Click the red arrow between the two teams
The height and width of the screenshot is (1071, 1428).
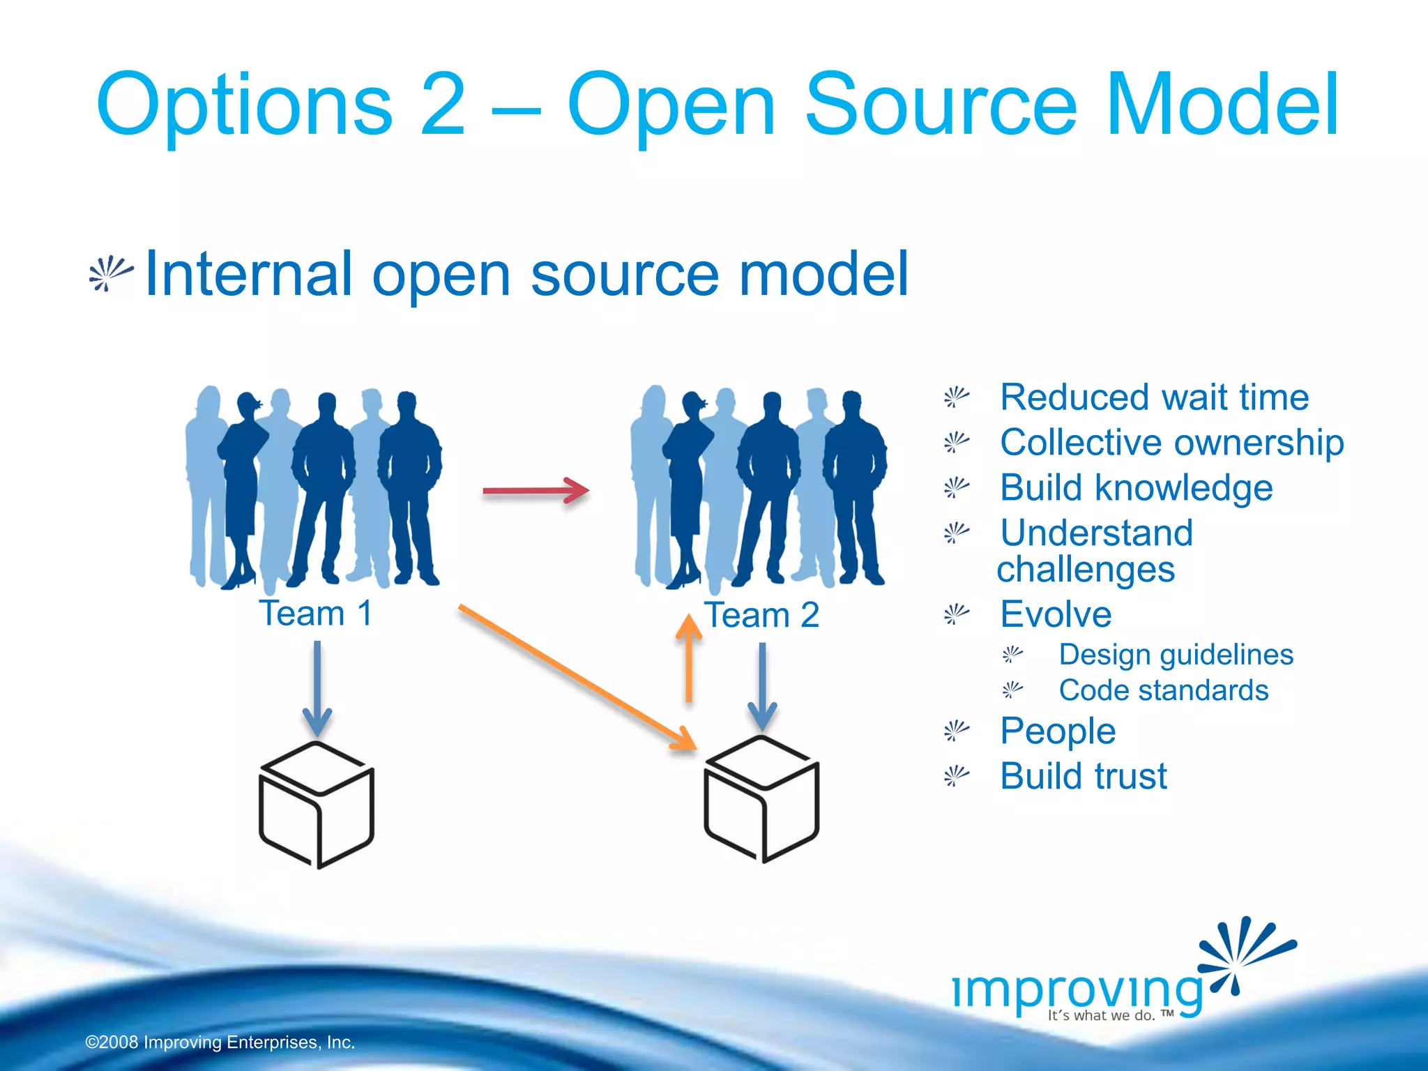pos(535,491)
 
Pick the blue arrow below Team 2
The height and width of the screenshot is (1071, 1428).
pos(762,686)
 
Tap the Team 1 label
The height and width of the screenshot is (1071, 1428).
pos(316,614)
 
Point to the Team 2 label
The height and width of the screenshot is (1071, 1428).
pos(761,615)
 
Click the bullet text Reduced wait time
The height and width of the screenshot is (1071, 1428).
pos(1154,397)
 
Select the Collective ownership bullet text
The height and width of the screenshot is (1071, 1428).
pos(1171,443)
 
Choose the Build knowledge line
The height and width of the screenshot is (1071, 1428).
pos(1136,487)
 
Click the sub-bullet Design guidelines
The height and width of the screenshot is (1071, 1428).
pos(1176,655)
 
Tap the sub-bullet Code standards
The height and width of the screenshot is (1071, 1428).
pos(1163,690)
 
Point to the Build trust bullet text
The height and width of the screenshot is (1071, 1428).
pos(1083,776)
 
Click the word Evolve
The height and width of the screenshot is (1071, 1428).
pos(1056,614)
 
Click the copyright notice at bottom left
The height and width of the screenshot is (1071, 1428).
pos(220,1042)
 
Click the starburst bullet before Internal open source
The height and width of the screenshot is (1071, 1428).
pos(110,273)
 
